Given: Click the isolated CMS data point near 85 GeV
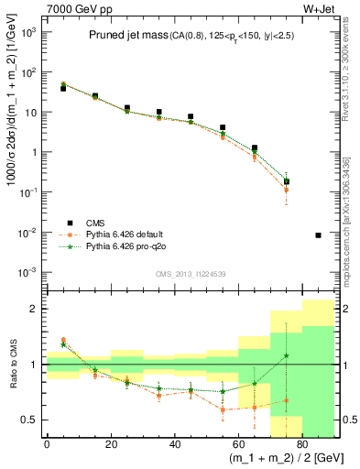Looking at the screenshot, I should pyautogui.click(x=318, y=235).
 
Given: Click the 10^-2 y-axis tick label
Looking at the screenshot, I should pyautogui.click(x=31, y=233).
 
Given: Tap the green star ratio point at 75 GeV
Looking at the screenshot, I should pyautogui.click(x=286, y=355).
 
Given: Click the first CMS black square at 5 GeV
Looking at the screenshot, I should pyautogui.click(x=63, y=88).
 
